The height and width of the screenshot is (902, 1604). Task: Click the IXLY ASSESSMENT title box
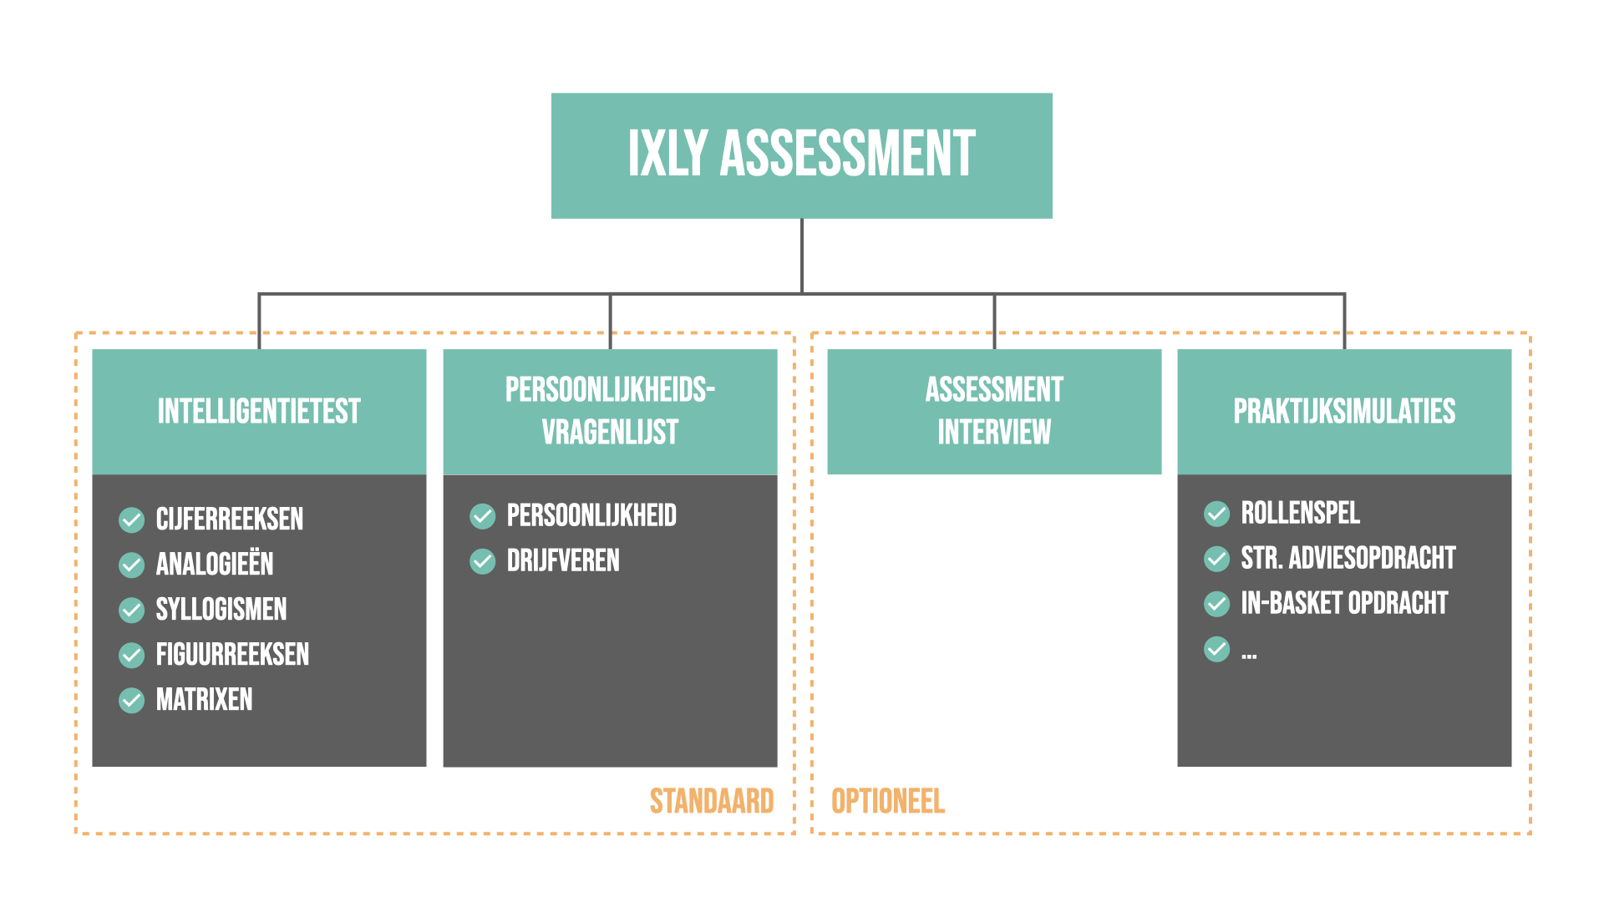[x=801, y=155]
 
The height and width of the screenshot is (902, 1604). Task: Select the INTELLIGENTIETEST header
[x=259, y=412]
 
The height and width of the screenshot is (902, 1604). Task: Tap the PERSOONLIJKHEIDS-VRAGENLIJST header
[x=610, y=412]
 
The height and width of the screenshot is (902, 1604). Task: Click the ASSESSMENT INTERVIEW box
[x=994, y=412]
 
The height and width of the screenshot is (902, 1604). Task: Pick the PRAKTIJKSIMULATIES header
[x=1344, y=412]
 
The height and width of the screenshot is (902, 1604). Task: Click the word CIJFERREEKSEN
[x=229, y=519]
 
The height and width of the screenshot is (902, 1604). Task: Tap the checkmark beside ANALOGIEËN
[x=131, y=565]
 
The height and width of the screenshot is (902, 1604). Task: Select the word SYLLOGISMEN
[x=221, y=610]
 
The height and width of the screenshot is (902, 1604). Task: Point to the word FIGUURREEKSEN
[x=232, y=655]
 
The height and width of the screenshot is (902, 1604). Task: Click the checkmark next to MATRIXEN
[x=131, y=700]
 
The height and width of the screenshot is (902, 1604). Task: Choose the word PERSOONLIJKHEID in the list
[x=591, y=516]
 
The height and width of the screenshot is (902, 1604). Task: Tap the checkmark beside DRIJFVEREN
[x=482, y=561]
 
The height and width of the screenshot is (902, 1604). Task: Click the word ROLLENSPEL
[x=1300, y=513]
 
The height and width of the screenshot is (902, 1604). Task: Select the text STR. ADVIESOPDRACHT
[x=1348, y=558]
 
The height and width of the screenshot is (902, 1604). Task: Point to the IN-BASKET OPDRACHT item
[x=1343, y=603]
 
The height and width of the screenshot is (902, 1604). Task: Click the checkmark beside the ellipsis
[x=1216, y=649]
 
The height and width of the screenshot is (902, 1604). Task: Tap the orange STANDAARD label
[x=712, y=801]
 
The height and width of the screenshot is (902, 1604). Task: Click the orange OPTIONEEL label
[x=887, y=801]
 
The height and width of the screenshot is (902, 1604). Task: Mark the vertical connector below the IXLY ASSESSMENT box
[x=802, y=255]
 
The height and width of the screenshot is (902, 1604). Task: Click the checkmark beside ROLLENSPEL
[x=1216, y=514]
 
